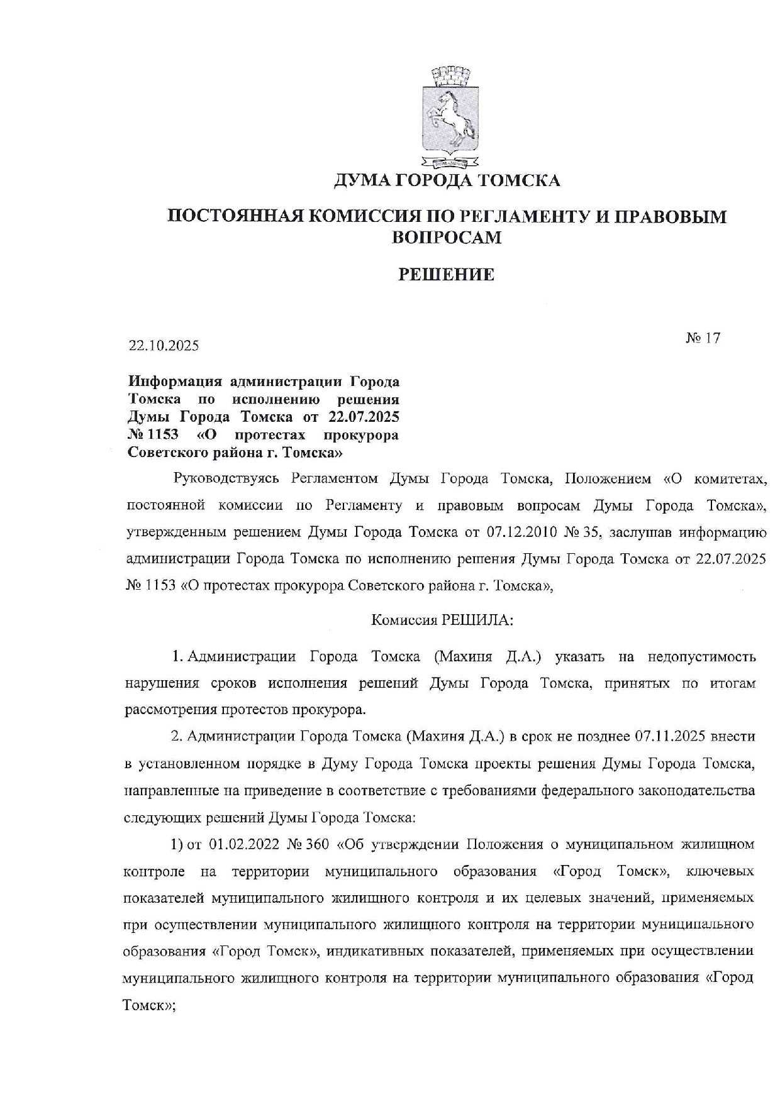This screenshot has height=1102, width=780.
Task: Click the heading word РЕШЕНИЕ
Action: [447, 275]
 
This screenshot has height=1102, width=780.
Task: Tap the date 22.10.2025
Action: [164, 346]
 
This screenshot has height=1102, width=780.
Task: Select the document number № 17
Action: [703, 338]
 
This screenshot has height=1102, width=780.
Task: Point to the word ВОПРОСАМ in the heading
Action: [447, 238]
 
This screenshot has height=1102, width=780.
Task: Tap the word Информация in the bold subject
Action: [175, 382]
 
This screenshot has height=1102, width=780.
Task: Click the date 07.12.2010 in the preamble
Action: [519, 532]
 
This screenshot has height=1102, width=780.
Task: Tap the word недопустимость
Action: [700, 657]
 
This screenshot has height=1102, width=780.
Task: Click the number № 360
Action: [308, 844]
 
